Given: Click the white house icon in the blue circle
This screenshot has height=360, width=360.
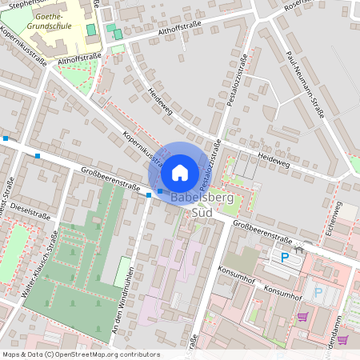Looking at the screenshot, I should point(180,172).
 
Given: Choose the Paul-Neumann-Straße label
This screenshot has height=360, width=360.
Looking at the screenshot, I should point(305,86).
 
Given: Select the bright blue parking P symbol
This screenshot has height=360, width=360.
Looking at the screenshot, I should point(284,257).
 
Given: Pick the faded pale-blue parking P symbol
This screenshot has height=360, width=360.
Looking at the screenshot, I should point(318,292).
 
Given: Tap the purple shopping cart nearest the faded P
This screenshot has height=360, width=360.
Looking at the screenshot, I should point(302,316).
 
